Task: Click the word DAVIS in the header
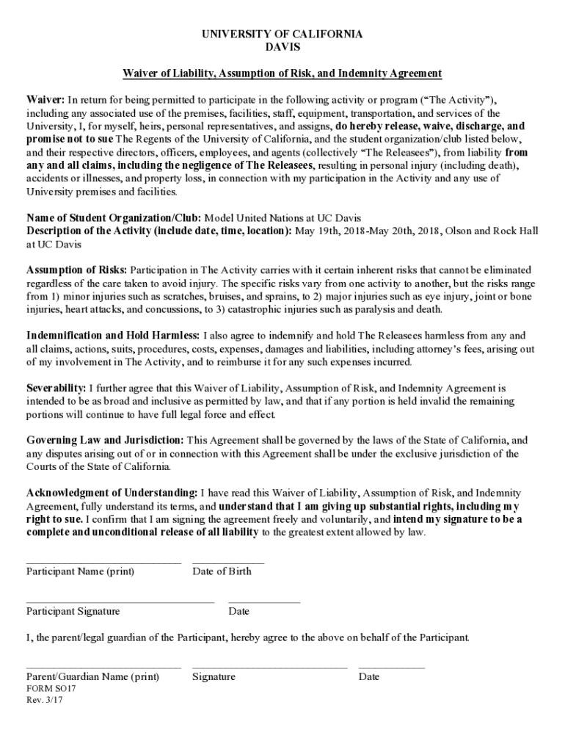(282, 47)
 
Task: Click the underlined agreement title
(282, 73)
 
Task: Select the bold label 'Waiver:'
(46, 99)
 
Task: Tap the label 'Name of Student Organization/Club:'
(114, 218)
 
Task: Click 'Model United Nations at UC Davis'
(282, 218)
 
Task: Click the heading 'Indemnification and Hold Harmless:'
(112, 336)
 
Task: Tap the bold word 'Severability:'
(56, 387)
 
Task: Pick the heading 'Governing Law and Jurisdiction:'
(105, 440)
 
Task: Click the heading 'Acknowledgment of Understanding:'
(112, 492)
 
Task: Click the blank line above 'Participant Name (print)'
(103, 563)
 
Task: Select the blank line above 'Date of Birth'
(228, 563)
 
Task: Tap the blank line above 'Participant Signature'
(120, 602)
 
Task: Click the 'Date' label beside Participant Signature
(238, 611)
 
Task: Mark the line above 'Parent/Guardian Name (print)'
(103, 668)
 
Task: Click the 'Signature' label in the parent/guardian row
(214, 677)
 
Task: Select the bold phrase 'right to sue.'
(55, 519)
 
